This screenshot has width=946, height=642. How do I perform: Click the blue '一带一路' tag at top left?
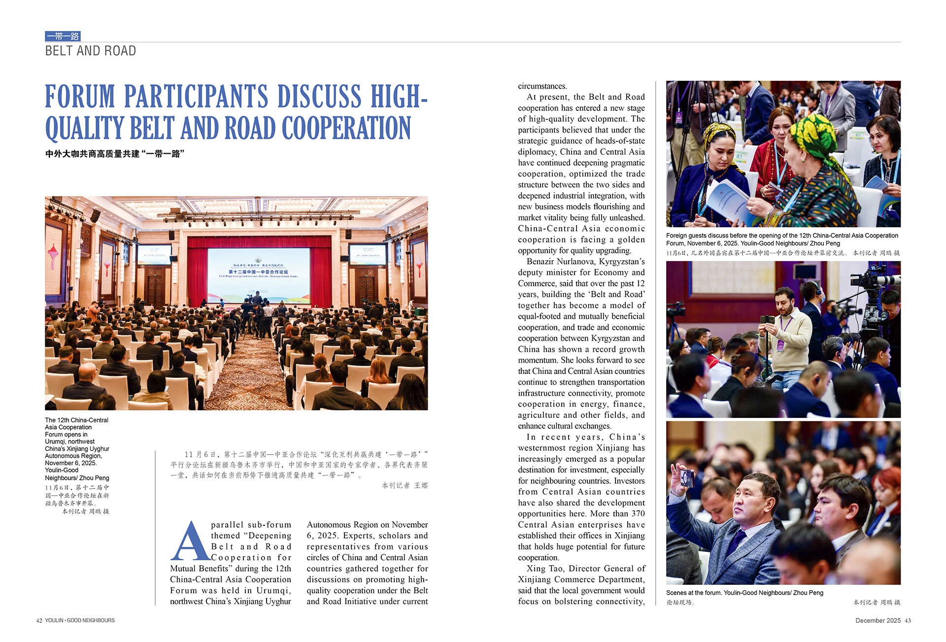click(63, 36)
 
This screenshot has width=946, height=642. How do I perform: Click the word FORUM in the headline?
click(80, 96)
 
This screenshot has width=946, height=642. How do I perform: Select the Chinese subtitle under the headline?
click(115, 154)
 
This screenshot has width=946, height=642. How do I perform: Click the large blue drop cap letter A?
click(190, 542)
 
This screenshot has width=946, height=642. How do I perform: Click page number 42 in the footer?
click(39, 620)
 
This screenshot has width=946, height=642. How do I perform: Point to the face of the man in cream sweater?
click(783, 301)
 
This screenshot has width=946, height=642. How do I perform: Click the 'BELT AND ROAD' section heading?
click(90, 51)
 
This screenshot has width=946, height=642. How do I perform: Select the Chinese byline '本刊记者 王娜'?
click(405, 486)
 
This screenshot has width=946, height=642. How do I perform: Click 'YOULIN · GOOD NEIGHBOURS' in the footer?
click(80, 620)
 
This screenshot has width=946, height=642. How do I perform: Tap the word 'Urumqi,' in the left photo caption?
click(57, 441)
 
